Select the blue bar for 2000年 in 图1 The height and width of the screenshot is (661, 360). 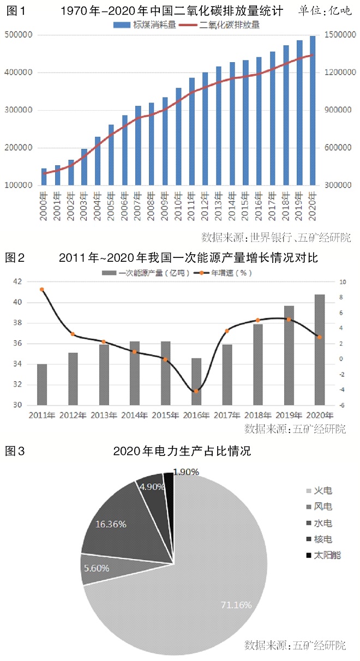click(x=44, y=177)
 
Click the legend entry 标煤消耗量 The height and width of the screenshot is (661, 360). click(x=145, y=25)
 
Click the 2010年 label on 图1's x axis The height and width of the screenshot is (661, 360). click(x=178, y=203)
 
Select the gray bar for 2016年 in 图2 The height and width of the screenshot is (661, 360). click(x=196, y=382)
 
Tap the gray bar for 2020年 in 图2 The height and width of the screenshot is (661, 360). click(x=320, y=350)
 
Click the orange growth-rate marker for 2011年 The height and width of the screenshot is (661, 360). click(x=42, y=290)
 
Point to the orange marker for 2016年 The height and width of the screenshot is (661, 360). click(x=196, y=390)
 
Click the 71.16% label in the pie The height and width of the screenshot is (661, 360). click(x=236, y=605)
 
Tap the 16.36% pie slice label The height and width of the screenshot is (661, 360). click(x=111, y=525)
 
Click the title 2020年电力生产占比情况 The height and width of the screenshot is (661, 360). click(x=181, y=451)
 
